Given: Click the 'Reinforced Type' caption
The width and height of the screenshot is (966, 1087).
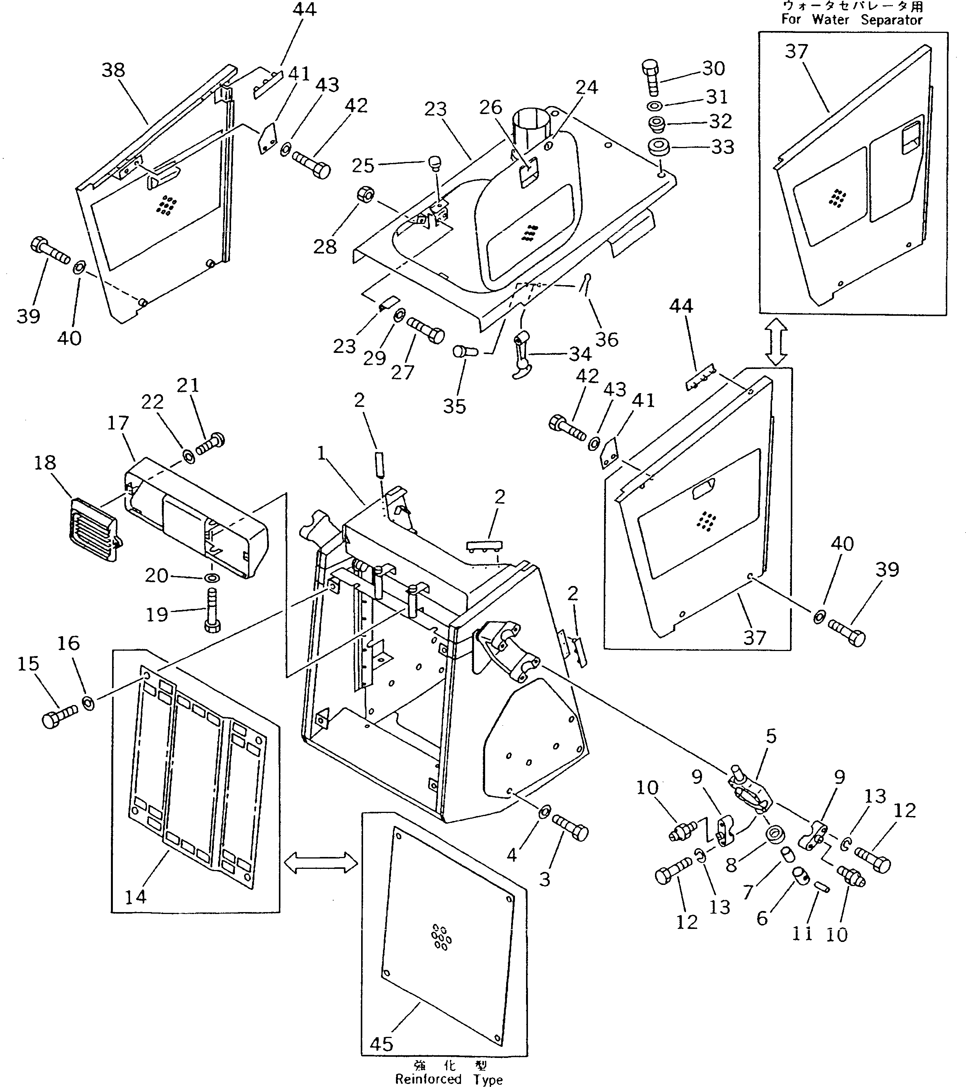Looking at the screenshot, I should click(448, 1079).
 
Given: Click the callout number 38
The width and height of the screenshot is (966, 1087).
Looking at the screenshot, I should click(113, 70).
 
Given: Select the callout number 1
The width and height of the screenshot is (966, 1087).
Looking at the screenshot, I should click(321, 453).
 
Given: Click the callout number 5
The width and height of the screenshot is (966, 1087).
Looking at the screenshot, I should click(771, 736).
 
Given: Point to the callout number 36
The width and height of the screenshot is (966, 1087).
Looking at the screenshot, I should click(607, 339).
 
